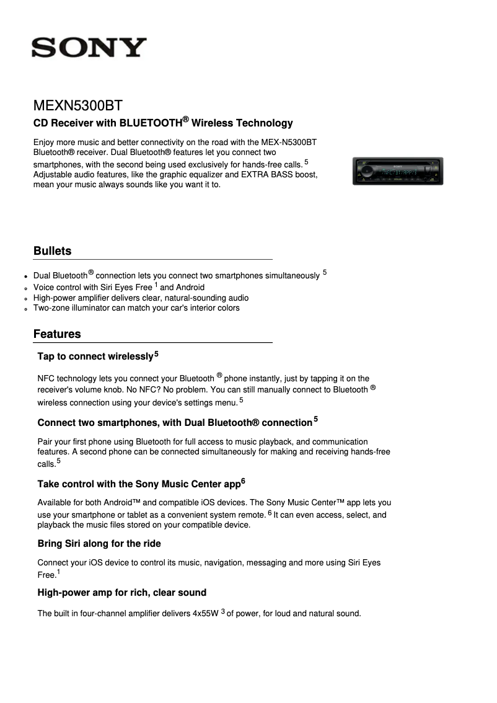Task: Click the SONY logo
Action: tap(89, 48)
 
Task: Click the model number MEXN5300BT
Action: tap(82, 105)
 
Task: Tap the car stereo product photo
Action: tap(397, 171)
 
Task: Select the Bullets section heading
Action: tap(53, 251)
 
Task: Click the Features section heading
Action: tap(57, 334)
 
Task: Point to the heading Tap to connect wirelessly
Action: tap(95, 356)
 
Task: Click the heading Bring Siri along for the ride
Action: tap(99, 544)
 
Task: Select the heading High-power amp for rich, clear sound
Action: tap(121, 593)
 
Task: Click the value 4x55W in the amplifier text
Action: tap(205, 614)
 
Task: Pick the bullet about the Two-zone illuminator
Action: tap(136, 308)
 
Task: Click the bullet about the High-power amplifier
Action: tap(141, 298)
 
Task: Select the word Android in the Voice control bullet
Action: tap(190, 288)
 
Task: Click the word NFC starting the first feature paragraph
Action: tap(46, 379)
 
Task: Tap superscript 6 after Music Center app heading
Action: tap(244, 481)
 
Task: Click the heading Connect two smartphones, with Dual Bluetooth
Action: tap(174, 423)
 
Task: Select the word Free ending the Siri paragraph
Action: tap(46, 575)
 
